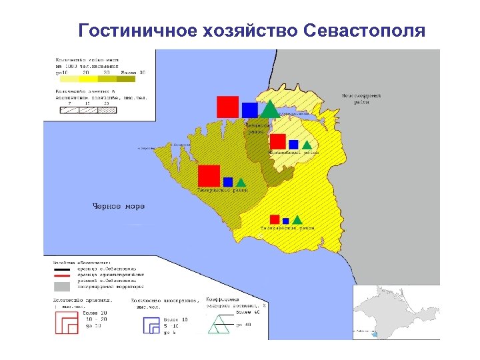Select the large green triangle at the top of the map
tap(269, 109)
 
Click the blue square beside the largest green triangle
tap(250, 110)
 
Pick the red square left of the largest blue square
tap(227, 107)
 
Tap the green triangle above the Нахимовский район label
tap(307, 145)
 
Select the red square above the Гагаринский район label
tap(209, 176)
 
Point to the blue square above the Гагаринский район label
tap(228, 181)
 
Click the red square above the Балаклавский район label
tap(274, 219)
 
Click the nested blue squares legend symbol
tap(153, 325)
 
